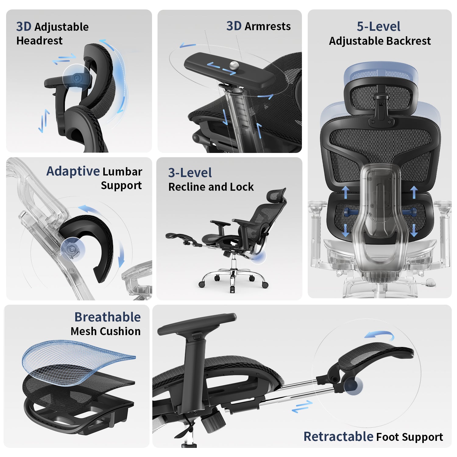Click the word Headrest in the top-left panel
tap(39, 41)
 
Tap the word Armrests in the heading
tap(267, 27)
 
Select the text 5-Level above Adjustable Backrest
tap(378, 27)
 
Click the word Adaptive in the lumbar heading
tap(73, 171)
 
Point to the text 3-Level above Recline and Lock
tap(190, 173)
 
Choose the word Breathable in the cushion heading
tap(108, 317)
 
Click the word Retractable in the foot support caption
tap(338, 437)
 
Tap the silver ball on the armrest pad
tap(234, 65)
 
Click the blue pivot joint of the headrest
tap(77, 78)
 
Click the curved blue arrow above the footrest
tap(380, 335)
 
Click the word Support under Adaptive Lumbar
tap(121, 186)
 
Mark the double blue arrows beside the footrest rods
tap(302, 406)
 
